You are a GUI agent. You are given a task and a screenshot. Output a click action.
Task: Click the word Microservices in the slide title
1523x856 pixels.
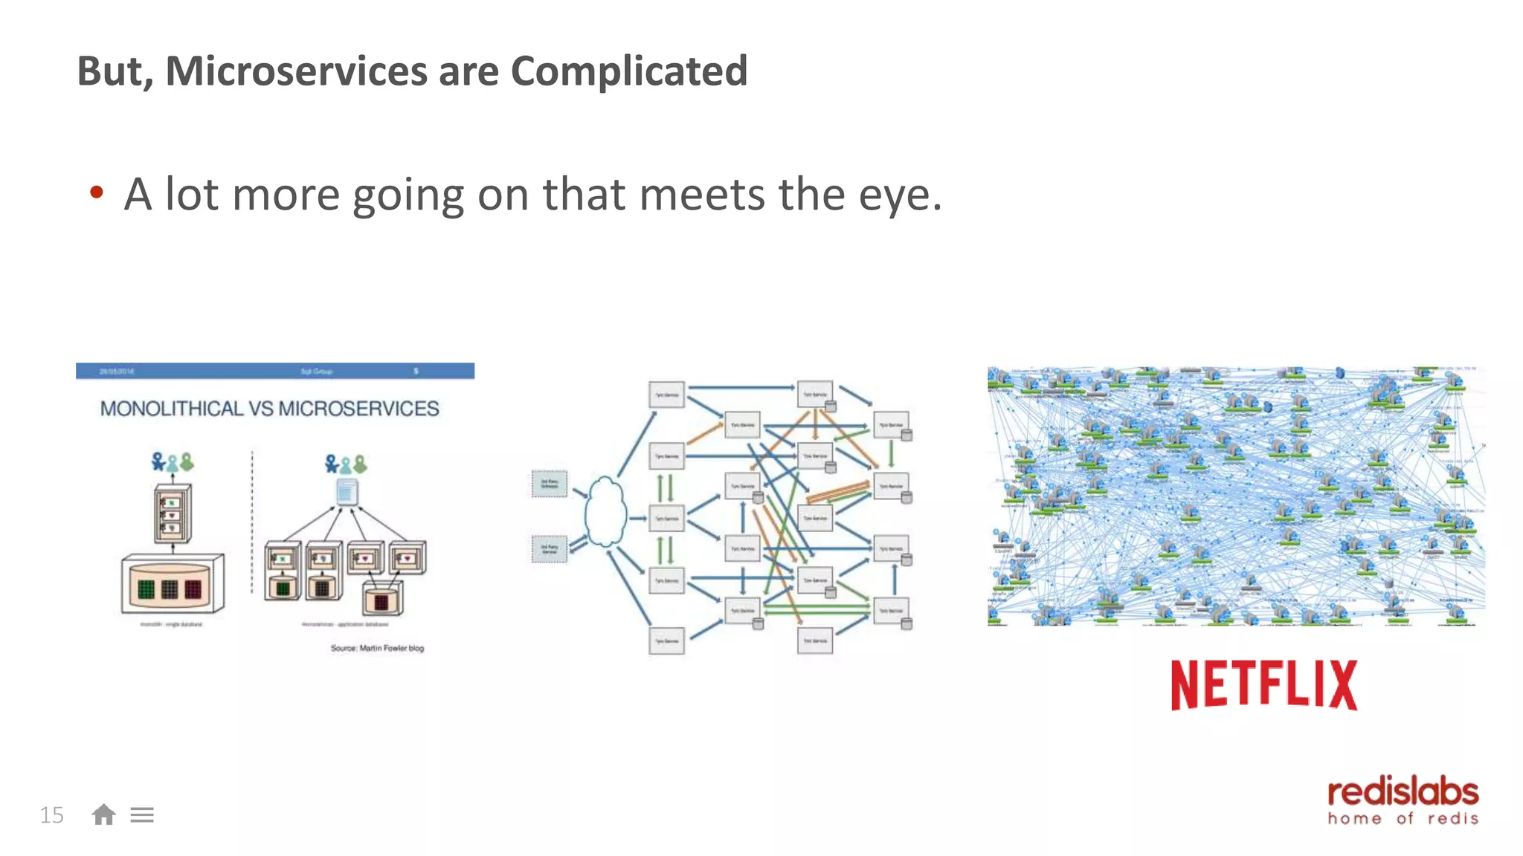(296, 71)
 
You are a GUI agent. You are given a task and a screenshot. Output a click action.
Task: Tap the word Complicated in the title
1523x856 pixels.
(628, 71)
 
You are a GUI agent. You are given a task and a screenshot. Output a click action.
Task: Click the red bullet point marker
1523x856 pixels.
(96, 193)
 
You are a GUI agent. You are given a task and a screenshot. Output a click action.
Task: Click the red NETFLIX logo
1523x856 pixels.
(1263, 684)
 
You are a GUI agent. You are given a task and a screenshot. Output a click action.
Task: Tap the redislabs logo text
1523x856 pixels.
(1403, 792)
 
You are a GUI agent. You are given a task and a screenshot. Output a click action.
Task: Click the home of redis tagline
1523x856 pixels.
(1403, 819)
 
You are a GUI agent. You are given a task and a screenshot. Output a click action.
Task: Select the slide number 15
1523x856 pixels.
(51, 815)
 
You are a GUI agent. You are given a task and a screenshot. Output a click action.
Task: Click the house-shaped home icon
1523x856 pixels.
(103, 815)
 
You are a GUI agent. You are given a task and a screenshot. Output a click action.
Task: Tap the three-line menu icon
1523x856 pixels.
(142, 815)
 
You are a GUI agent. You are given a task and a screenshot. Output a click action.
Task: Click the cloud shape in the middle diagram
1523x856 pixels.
(605, 513)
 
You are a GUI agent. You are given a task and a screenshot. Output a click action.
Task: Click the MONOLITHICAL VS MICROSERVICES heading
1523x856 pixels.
(269, 409)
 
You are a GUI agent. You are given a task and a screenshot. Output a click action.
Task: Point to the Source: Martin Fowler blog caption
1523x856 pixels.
(377, 648)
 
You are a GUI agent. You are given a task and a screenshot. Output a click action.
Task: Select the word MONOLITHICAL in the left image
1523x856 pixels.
(172, 409)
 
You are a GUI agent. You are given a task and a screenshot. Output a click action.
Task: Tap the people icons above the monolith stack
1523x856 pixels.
(172, 462)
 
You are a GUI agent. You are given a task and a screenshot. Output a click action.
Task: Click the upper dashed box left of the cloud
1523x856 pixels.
(550, 484)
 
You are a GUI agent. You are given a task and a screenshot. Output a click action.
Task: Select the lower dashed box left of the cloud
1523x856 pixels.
(550, 549)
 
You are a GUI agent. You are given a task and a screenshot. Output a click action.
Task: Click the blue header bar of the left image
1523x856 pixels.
(274, 371)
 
